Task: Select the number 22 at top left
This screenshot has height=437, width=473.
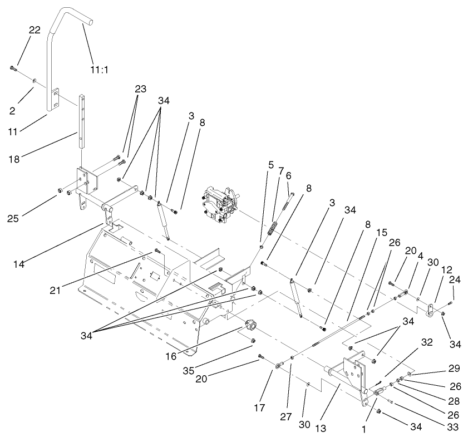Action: pos(35,30)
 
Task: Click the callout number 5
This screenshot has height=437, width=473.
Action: pos(271,165)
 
